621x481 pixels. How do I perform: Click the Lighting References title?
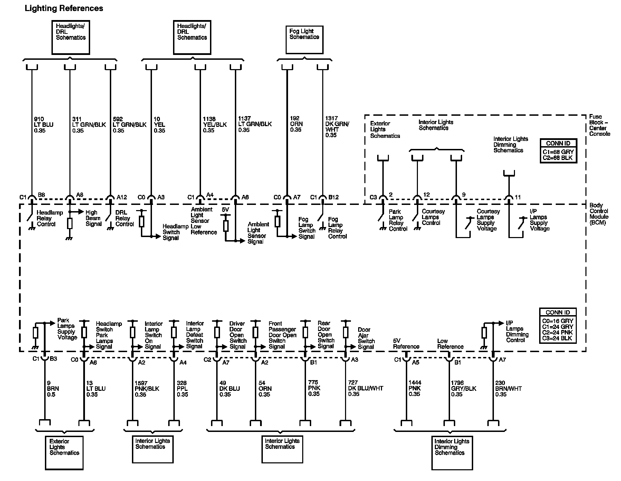[x=64, y=8]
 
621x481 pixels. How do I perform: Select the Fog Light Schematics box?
[x=304, y=39]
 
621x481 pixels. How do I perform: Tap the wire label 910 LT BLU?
[x=44, y=125]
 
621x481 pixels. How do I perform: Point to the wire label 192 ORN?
[x=296, y=124]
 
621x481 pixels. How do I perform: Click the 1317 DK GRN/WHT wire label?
[x=337, y=126]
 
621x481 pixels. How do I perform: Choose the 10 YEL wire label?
[x=159, y=125]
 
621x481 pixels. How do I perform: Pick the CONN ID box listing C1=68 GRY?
[x=558, y=151]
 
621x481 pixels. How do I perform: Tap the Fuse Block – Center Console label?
[x=599, y=125]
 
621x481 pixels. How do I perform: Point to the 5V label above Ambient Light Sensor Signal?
[x=225, y=210]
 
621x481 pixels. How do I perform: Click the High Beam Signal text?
[x=94, y=218]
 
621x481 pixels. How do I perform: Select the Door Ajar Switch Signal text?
[x=366, y=338]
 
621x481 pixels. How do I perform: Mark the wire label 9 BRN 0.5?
[x=53, y=388]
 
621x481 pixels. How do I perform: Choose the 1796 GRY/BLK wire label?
[x=464, y=388]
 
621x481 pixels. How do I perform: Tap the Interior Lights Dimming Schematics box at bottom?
[x=452, y=453]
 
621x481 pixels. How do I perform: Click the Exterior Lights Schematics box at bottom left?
[x=64, y=453]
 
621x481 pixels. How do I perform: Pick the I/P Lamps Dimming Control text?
[x=517, y=331]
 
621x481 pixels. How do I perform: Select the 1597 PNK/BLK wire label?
[x=147, y=388]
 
